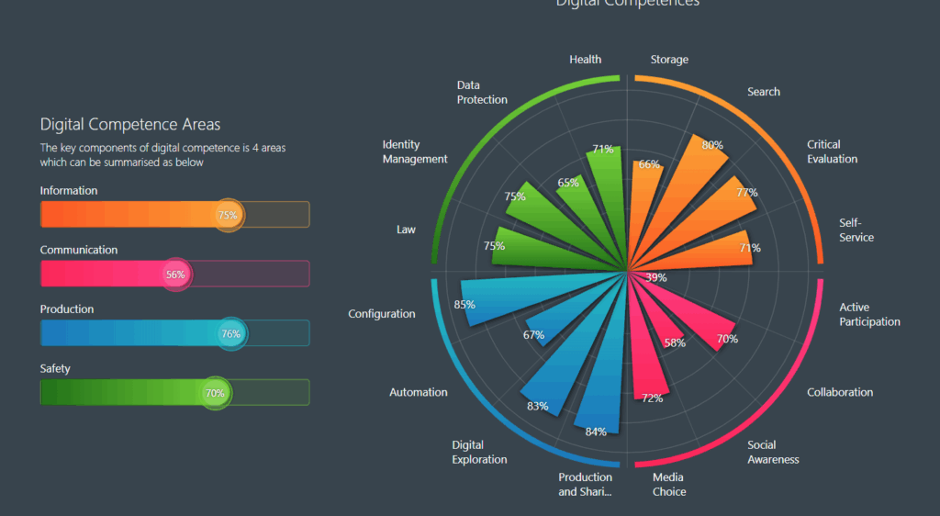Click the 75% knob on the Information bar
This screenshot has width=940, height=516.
pyautogui.click(x=229, y=215)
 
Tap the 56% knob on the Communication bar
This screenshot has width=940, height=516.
pyautogui.click(x=174, y=275)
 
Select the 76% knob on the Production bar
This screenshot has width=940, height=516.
pyautogui.click(x=231, y=334)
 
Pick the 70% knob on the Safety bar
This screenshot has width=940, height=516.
pyautogui.click(x=216, y=393)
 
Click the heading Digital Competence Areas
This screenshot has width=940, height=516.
pyautogui.click(x=130, y=124)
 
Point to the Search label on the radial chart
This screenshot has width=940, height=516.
pyautogui.click(x=764, y=92)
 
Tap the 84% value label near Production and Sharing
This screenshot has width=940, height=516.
pyautogui.click(x=596, y=432)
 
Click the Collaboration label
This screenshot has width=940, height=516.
pyautogui.click(x=840, y=392)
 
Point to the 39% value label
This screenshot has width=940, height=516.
pyautogui.click(x=656, y=277)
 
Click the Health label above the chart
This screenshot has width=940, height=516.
pyautogui.click(x=585, y=60)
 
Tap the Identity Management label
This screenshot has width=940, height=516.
pyautogui.click(x=415, y=151)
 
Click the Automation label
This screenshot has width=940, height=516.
pyautogui.click(x=419, y=392)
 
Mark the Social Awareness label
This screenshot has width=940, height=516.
pyautogui.click(x=773, y=452)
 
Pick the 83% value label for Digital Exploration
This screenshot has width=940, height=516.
pyautogui.click(x=538, y=406)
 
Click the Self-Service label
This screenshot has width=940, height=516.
pyautogui.click(x=856, y=230)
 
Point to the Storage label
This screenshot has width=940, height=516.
pyautogui.click(x=669, y=60)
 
